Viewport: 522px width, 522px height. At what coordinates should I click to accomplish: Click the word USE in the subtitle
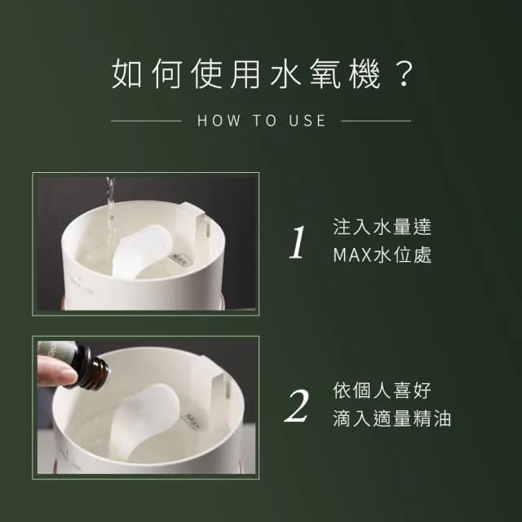pyautogui.click(x=307, y=121)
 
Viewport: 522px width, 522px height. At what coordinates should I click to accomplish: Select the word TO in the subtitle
pyautogui.click(x=263, y=121)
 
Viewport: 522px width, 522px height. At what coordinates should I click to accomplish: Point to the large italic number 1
pyautogui.click(x=299, y=242)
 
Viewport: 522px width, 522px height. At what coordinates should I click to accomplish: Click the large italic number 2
pyautogui.click(x=298, y=405)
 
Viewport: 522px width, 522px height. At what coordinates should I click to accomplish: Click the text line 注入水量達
pyautogui.click(x=382, y=227)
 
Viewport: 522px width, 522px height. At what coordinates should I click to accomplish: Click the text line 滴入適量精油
pyautogui.click(x=392, y=419)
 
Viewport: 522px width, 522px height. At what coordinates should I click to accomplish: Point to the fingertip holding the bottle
pyautogui.click(x=51, y=374)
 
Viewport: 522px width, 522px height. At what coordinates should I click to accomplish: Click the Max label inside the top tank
pyautogui.click(x=181, y=255)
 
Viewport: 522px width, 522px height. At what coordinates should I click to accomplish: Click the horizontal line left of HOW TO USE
pyautogui.click(x=145, y=121)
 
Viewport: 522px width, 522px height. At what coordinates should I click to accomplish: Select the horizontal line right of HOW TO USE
pyautogui.click(x=376, y=121)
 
